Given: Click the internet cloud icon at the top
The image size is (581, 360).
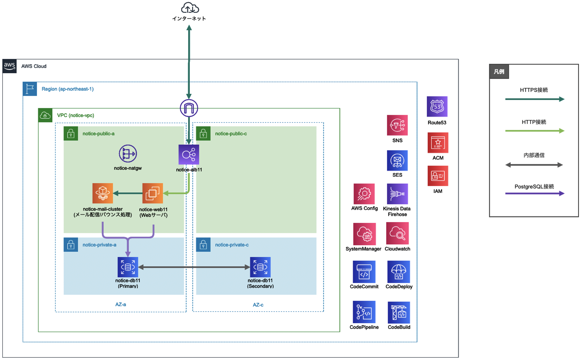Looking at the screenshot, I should tap(190, 8).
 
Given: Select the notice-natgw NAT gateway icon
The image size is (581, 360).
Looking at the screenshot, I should tap(128, 154).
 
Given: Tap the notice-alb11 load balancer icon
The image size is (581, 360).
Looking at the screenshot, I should tap(189, 154).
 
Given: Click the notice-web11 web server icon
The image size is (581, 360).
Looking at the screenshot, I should tap(152, 193).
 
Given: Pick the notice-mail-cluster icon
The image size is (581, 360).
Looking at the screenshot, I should tap(102, 193).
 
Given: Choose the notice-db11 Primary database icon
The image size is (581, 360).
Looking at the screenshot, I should tap(128, 267).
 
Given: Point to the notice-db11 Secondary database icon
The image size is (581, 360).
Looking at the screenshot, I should tap(260, 267).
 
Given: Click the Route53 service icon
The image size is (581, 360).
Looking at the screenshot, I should tap(437, 106).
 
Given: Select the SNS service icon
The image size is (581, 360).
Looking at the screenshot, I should tap(397, 125).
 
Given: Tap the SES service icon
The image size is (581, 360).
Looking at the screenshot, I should tap(397, 161).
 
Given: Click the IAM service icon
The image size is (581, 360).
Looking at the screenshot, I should tap(438, 176).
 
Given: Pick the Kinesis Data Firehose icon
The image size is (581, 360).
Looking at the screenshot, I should tap(397, 194).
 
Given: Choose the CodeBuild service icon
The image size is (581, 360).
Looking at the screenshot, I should tap(399, 312).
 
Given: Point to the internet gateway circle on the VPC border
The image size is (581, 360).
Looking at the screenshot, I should tap(189, 108).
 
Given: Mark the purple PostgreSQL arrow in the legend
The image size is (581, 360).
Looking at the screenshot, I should tap(534, 194).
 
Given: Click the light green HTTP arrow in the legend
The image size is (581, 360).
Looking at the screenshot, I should tap(534, 131).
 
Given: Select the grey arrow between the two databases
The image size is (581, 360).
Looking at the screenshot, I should tap(194, 267).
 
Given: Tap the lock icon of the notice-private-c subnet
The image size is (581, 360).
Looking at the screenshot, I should tap(203, 245).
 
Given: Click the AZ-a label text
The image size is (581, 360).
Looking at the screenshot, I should tap(120, 304).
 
